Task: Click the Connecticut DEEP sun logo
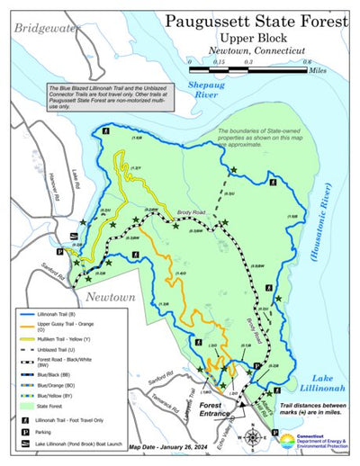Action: click(x=287, y=441)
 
